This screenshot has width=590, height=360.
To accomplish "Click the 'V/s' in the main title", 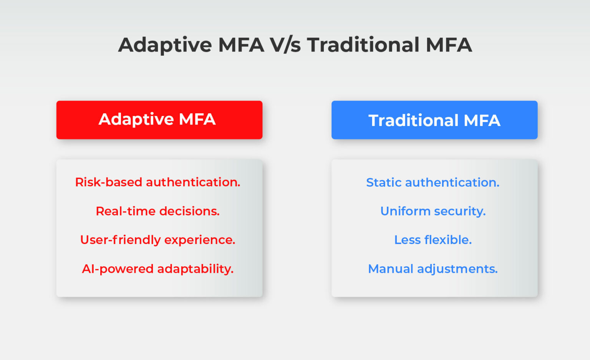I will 285,45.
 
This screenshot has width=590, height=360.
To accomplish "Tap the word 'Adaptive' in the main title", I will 165,45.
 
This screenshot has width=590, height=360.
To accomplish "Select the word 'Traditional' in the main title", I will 363,45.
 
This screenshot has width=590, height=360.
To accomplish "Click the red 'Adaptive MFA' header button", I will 159,119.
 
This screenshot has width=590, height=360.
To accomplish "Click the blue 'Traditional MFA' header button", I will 434,120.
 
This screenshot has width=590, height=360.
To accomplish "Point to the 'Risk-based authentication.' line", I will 157,182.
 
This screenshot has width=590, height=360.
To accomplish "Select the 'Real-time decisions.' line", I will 157,211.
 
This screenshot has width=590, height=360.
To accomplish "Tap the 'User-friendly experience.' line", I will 157,240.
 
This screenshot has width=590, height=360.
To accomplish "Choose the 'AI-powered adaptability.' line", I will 157,269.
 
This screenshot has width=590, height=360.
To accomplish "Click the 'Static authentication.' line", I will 433,182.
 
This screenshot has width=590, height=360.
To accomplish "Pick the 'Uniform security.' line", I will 433,211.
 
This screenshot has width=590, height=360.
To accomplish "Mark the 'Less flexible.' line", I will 433,240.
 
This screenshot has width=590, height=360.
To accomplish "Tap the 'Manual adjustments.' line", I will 433,269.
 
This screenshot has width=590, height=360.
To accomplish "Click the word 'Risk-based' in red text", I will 109,182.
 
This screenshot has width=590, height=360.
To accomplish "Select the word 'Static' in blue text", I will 384,182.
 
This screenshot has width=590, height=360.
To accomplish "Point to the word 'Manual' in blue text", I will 391,269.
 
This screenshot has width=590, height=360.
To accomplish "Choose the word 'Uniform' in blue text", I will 405,211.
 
